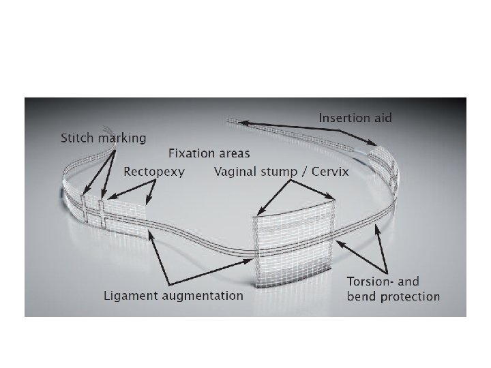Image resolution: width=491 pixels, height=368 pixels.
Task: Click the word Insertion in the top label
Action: (x=346, y=119)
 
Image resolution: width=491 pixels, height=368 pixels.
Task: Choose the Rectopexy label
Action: (x=154, y=172)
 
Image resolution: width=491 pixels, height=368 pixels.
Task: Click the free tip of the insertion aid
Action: (x=230, y=121)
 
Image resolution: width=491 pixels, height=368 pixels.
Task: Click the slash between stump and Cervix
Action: (x=304, y=172)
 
